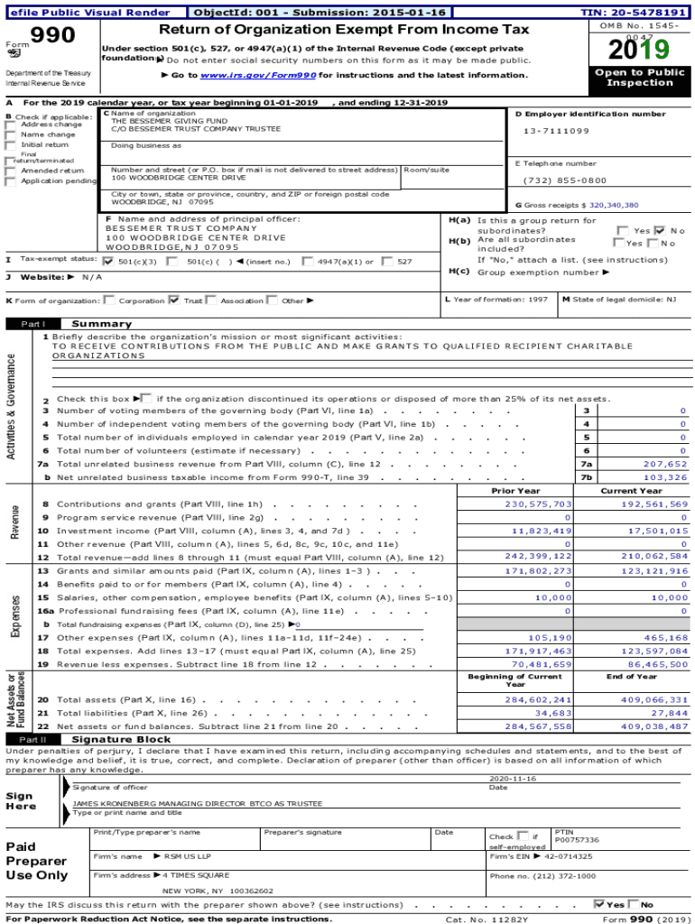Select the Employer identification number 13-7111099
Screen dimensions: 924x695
pyautogui.click(x=556, y=131)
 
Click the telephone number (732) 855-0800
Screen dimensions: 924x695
pyautogui.click(x=565, y=180)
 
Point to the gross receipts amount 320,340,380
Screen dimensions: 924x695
pyautogui.click(x=614, y=205)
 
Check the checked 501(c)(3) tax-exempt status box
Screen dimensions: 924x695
pyautogui.click(x=109, y=261)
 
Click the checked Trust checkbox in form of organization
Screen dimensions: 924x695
pyautogui.click(x=174, y=300)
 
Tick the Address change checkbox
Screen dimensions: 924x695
pyautogui.click(x=10, y=125)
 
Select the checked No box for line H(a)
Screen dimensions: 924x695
pyautogui.click(x=659, y=230)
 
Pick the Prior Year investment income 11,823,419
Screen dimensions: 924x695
pyautogui.click(x=538, y=531)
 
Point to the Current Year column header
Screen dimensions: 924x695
pyautogui.click(x=631, y=491)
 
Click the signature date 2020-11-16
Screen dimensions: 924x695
pyautogui.click(x=512, y=778)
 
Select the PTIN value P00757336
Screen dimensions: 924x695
pyautogui.click(x=577, y=839)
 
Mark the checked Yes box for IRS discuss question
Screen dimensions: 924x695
pyautogui.click(x=599, y=903)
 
